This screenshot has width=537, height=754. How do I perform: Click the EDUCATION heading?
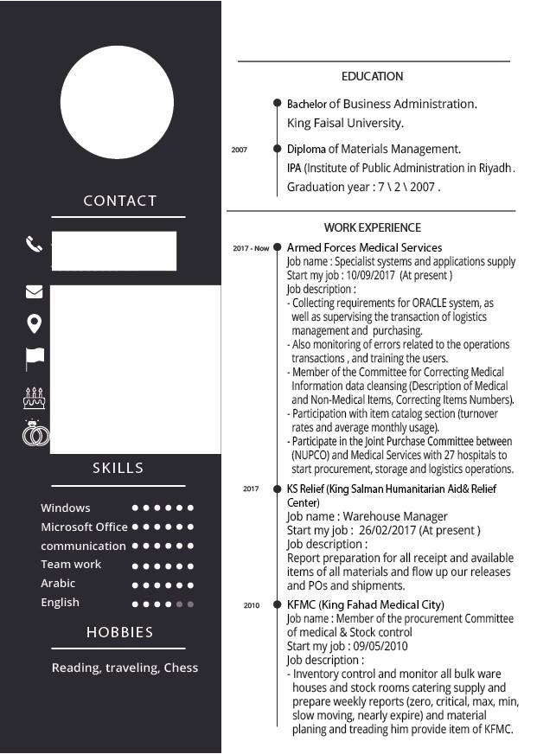[x=372, y=76]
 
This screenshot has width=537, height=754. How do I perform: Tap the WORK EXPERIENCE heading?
[x=373, y=227]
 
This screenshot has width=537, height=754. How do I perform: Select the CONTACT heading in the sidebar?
[x=119, y=201]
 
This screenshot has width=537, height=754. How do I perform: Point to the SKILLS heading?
[x=118, y=468]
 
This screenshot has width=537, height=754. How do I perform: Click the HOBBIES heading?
[x=119, y=632]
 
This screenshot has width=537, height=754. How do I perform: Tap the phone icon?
[x=34, y=245]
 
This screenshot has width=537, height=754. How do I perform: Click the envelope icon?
[x=34, y=291]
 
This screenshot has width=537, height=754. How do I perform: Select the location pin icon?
[x=34, y=324]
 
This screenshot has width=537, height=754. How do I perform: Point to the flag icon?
[x=35, y=357]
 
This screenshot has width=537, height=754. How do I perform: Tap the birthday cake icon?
[x=34, y=397]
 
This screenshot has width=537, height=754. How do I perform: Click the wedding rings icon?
[x=35, y=433]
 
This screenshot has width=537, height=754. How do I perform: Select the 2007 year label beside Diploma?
[x=240, y=150]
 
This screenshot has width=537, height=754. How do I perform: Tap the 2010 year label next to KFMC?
[x=251, y=605]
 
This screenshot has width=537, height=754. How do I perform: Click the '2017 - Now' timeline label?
[x=251, y=248]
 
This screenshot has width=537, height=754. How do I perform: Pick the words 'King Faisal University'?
[x=345, y=123]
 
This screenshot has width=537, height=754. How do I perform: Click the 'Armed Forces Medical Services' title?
[x=364, y=247]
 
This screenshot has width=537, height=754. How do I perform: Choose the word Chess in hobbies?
[x=181, y=668]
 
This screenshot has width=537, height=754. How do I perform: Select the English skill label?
[x=60, y=602]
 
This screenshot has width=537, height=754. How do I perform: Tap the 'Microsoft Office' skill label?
[x=84, y=527]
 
